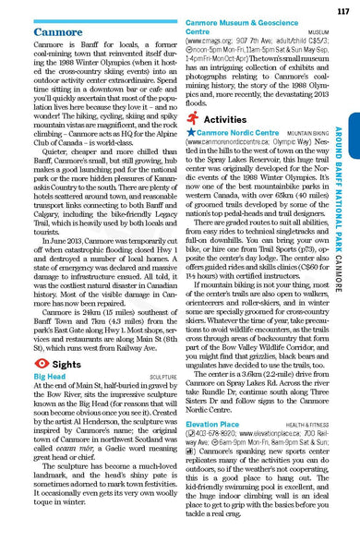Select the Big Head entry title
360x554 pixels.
pyautogui.click(x=49, y=379)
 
